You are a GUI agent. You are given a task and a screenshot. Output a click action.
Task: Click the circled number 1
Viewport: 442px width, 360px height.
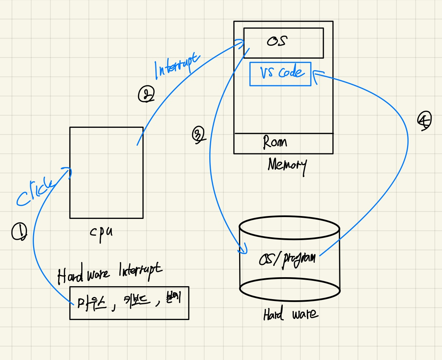[x=19, y=232]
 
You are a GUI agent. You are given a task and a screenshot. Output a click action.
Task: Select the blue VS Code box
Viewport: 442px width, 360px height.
[x=280, y=73]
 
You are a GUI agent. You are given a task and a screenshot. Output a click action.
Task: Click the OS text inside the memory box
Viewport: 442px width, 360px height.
[x=277, y=41]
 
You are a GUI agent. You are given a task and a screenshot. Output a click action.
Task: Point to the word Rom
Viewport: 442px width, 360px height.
[x=275, y=142]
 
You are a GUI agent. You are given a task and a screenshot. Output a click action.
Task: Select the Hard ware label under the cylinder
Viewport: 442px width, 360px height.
[x=290, y=314]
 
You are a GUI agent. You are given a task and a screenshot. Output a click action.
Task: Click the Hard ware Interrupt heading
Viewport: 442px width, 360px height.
[x=110, y=274]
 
